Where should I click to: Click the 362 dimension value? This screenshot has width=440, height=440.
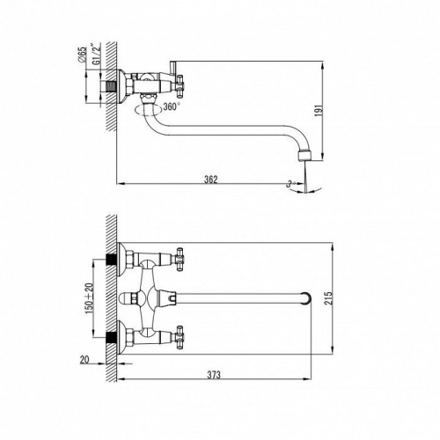coord(211,180)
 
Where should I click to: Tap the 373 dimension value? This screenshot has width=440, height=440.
coord(214,375)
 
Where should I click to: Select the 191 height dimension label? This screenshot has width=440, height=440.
coord(319,111)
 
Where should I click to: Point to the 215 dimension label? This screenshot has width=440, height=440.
coord(329,298)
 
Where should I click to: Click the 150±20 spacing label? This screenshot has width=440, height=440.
coord(89,297)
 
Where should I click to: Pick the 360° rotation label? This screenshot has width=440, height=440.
coord(172,106)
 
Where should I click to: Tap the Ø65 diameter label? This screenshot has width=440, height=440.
coord(83,54)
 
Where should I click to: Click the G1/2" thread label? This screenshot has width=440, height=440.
coord(96,54)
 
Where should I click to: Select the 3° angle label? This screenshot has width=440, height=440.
coord(290,184)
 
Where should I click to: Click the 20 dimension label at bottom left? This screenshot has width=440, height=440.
coord(84,360)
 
